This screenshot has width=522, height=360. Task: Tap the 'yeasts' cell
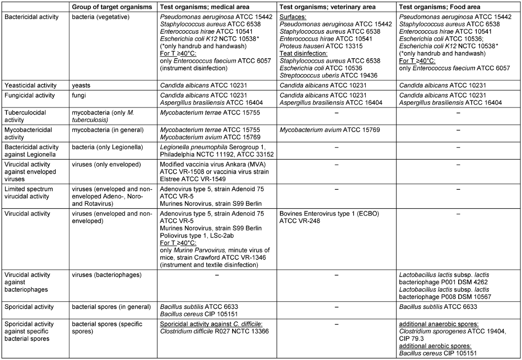[x=82, y=85]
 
